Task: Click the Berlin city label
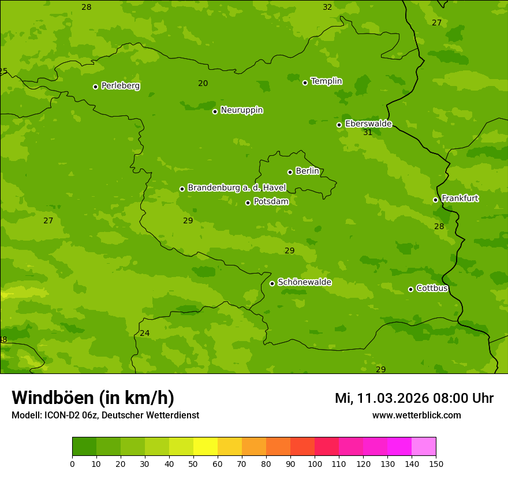click(307, 171)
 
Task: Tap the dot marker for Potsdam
click(248, 203)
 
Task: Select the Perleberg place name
click(121, 86)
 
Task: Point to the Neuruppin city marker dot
click(215, 111)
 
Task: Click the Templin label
click(326, 81)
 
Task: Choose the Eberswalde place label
click(368, 124)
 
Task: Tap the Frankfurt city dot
click(435, 200)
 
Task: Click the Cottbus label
click(432, 289)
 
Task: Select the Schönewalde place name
click(304, 282)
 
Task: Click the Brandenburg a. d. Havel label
click(237, 188)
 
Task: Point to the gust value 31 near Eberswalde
click(368, 133)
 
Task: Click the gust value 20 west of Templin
click(203, 84)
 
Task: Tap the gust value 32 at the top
click(327, 8)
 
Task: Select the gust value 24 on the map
click(145, 334)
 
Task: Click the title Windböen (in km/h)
click(93, 398)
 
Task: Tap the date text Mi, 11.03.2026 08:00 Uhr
click(414, 398)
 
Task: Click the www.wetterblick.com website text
click(416, 416)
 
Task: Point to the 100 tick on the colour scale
click(315, 463)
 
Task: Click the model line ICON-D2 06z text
click(105, 416)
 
